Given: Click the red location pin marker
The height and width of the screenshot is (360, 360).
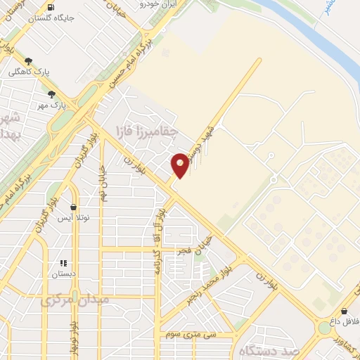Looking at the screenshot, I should (180, 165).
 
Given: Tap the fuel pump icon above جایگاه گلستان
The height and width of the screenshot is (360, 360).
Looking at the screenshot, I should (51, 8).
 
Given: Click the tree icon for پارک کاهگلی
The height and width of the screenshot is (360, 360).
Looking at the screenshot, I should (28, 61).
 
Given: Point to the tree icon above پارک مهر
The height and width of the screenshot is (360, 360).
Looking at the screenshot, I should (51, 94).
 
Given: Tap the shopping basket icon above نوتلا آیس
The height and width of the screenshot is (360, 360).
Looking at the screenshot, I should (73, 207).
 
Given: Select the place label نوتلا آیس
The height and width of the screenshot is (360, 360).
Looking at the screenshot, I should (73, 219).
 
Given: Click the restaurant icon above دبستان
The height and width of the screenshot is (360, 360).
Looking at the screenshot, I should (63, 263).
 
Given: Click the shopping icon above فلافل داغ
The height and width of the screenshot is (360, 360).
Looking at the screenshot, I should (345, 310).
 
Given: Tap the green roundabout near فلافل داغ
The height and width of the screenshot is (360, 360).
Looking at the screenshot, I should (325, 328).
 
